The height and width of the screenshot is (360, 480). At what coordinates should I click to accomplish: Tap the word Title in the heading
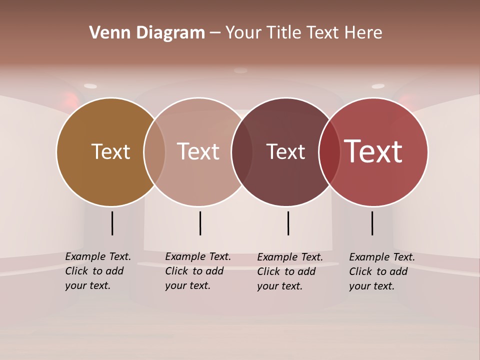pyautogui.click(x=283, y=33)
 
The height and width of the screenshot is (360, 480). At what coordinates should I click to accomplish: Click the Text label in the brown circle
pyautogui.click(x=110, y=151)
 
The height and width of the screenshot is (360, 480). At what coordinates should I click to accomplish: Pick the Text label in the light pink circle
pyautogui.click(x=198, y=151)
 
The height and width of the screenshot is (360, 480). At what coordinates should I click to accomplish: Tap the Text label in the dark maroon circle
pyautogui.click(x=285, y=151)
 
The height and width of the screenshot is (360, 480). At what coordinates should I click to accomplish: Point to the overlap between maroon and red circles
pyautogui.click(x=329, y=151)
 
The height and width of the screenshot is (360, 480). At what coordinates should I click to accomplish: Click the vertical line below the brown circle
pyautogui.click(x=112, y=223)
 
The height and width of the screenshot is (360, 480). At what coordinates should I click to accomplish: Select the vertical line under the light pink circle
pyautogui.click(x=200, y=223)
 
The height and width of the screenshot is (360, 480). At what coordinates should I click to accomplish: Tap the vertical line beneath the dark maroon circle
pyautogui.click(x=288, y=223)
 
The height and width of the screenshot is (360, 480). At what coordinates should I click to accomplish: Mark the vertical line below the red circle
pyautogui.click(x=372, y=223)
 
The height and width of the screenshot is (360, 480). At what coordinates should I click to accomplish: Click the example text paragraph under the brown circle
pyautogui.click(x=98, y=271)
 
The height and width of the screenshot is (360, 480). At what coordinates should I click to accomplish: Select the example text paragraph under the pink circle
pyautogui.click(x=198, y=271)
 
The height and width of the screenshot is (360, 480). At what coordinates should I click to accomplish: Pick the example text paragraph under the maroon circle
pyautogui.click(x=290, y=271)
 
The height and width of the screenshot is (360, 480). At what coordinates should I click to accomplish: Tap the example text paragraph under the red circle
pyautogui.click(x=382, y=271)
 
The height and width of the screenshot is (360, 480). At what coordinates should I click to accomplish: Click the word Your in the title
pyautogui.click(x=244, y=33)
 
